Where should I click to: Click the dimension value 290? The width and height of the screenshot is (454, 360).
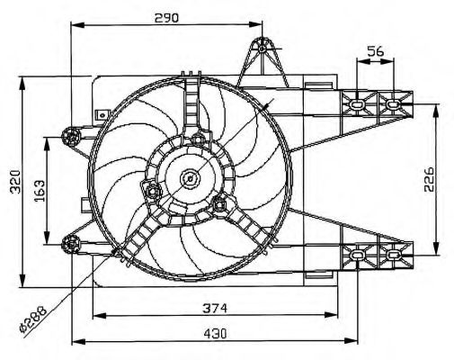(x=166, y=18)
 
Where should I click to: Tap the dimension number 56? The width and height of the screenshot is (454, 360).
(x=376, y=51)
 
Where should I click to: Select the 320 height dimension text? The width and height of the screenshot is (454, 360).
(x=15, y=182)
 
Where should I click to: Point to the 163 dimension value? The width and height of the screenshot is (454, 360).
(x=40, y=191)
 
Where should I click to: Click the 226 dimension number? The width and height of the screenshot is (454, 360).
(x=429, y=179)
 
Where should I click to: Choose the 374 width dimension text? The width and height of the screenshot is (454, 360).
(x=215, y=308)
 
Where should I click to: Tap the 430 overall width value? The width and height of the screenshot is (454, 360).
(x=215, y=333)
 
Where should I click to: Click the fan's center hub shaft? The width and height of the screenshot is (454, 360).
(x=190, y=179)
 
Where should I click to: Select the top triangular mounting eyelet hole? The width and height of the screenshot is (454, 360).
(x=263, y=49)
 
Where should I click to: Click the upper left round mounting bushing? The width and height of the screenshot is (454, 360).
(x=71, y=137)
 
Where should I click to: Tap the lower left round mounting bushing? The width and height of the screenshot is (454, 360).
(x=71, y=245)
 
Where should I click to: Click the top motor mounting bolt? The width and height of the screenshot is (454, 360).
(x=198, y=139)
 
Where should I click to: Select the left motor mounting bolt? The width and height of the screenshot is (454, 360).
(x=153, y=190)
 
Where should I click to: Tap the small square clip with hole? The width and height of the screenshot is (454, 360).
(x=102, y=114)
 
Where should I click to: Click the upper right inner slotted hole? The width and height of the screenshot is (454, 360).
(x=357, y=104)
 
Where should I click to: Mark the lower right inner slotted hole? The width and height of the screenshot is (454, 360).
(x=357, y=255)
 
